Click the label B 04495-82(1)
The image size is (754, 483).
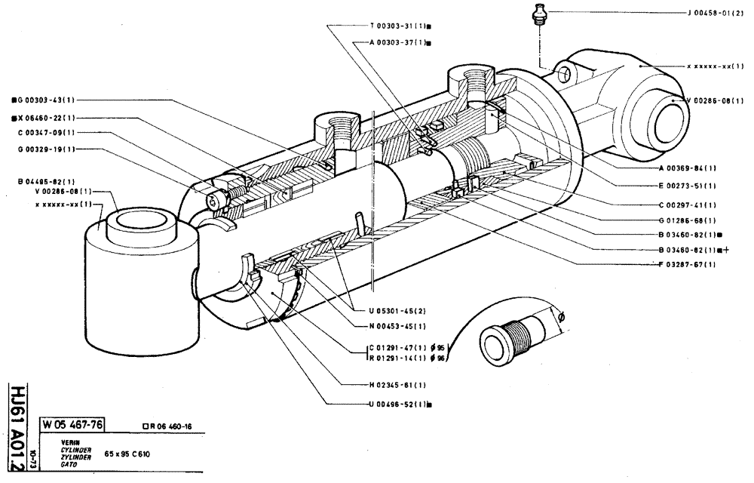coord(44,181)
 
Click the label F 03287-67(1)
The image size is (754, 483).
coord(685,264)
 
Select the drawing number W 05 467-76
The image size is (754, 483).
coord(75,423)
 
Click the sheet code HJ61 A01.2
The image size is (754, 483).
coord(16,426)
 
